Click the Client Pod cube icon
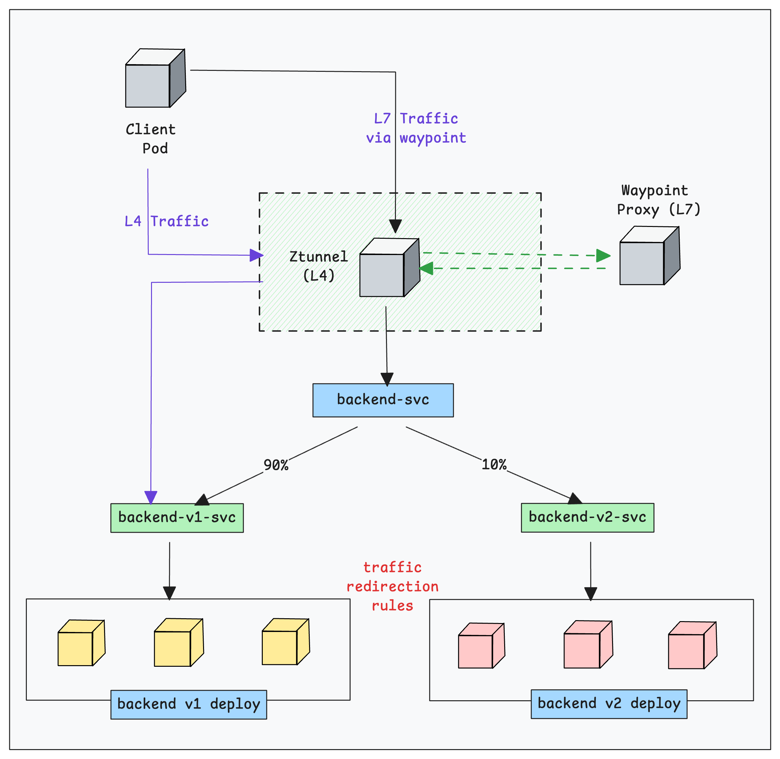coord(155,78)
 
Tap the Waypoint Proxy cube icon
coord(649,256)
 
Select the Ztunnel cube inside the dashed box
coord(389,267)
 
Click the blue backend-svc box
coord(383,400)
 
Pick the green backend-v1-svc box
coord(177,518)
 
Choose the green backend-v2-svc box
coord(587,517)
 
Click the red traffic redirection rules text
coord(392,586)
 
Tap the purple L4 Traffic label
coord(167,221)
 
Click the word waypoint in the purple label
coord(433,138)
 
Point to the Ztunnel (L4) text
coord(318,266)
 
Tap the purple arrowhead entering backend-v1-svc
coord(151,498)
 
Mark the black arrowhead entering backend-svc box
coord(387,379)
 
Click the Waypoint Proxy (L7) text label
coord(658,200)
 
